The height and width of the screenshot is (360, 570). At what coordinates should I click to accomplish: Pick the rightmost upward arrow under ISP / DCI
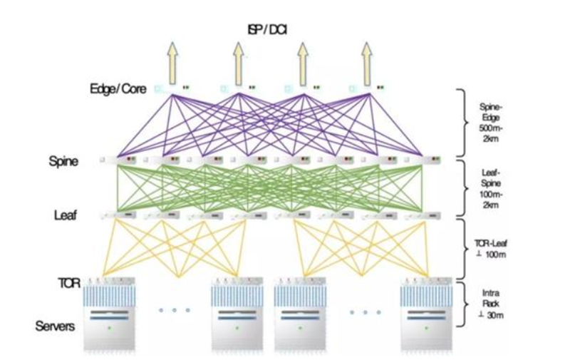[368, 61]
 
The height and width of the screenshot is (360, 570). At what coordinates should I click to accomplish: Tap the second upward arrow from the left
[237, 61]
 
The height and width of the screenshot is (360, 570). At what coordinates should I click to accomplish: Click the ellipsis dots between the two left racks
[173, 311]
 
